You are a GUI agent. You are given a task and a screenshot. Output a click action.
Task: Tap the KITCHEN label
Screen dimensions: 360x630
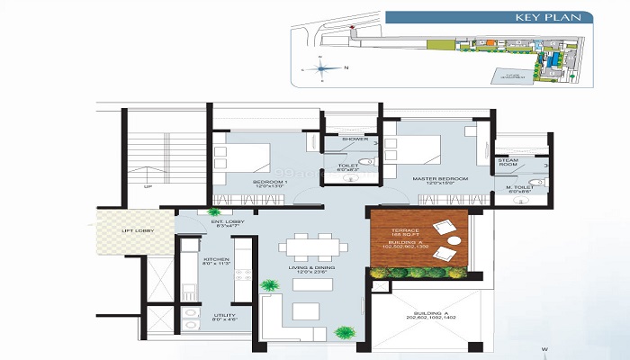(x=216, y=261)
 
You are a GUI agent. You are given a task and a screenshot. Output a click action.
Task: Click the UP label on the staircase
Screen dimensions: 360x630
(x=148, y=188)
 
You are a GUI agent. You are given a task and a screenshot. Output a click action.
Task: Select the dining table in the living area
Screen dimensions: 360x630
(x=311, y=247)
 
